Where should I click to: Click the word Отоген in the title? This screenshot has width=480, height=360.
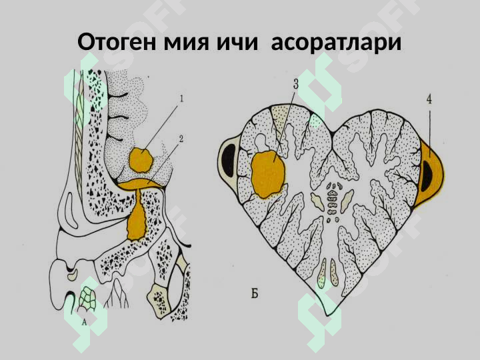117,42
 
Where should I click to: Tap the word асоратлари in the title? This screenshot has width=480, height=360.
336,43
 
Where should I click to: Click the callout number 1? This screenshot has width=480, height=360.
181,99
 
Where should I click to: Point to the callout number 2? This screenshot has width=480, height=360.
181,139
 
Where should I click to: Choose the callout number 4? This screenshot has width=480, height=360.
429,99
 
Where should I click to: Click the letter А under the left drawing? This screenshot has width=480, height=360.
85,323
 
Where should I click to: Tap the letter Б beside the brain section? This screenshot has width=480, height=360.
255,294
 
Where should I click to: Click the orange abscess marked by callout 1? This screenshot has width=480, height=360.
141,160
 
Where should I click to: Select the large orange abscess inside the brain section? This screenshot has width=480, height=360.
268,174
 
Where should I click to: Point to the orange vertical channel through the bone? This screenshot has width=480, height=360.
137,215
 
